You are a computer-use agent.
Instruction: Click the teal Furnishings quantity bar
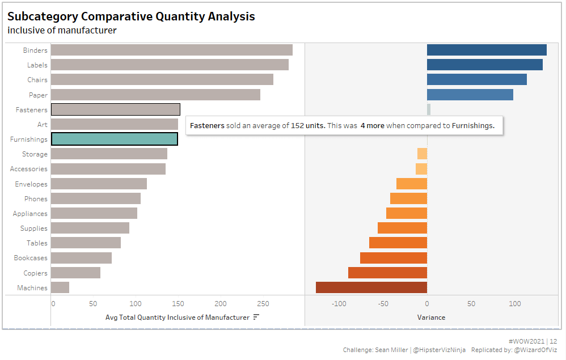pyautogui.click(x=114, y=139)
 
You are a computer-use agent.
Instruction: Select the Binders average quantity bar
pyautogui.click(x=171, y=50)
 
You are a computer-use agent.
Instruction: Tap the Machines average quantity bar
pyautogui.click(x=60, y=287)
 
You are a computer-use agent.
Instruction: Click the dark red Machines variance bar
pyautogui.click(x=371, y=287)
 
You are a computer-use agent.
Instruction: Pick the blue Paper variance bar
pyautogui.click(x=470, y=95)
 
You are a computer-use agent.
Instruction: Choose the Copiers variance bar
pyautogui.click(x=387, y=273)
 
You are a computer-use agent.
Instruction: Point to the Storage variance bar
pyautogui.click(x=422, y=154)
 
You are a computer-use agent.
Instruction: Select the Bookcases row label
pyautogui.click(x=31, y=258)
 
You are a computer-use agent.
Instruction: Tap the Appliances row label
pyautogui.click(x=31, y=214)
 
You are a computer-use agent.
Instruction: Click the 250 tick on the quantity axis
pyautogui.click(x=263, y=304)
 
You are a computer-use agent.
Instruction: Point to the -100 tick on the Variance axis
pyautogui.click(x=339, y=304)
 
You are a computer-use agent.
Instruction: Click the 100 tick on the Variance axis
pyautogui.click(x=514, y=304)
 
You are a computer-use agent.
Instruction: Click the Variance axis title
pyautogui.click(x=431, y=317)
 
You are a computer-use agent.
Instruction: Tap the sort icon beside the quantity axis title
pyautogui.click(x=256, y=317)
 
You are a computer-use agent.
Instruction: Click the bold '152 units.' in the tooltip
pyautogui.click(x=308, y=125)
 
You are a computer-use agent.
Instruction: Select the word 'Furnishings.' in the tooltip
pyautogui.click(x=473, y=125)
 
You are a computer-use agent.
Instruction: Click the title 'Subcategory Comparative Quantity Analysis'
pyautogui.click(x=131, y=16)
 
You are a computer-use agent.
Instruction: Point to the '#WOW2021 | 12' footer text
pyautogui.click(x=533, y=341)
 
